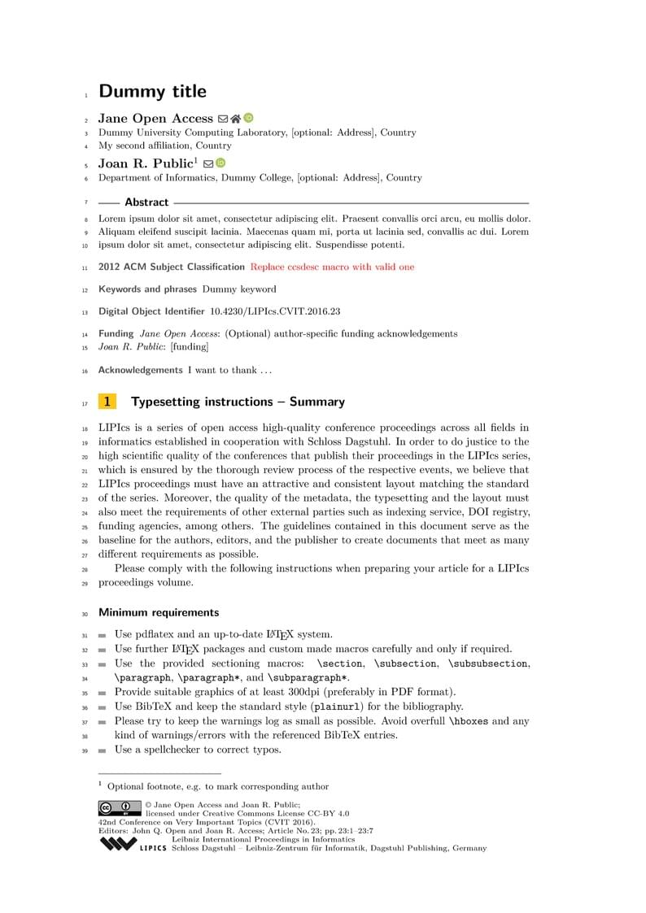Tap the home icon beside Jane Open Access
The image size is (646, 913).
pos(235,118)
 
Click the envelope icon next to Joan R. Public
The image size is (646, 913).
pos(208,163)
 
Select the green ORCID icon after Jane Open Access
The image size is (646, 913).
pos(248,118)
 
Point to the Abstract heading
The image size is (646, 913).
pos(146,202)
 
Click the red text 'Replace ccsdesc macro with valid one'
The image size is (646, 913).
pos(332,267)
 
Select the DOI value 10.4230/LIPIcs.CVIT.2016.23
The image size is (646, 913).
pos(275,311)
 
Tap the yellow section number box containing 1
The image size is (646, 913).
pos(107,402)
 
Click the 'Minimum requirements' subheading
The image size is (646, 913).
pos(159,612)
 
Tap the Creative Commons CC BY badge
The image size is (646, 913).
pos(120,808)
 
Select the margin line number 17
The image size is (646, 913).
pos(85,402)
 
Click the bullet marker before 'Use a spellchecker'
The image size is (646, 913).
pos(103,750)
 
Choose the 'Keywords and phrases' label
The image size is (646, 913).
pos(147,289)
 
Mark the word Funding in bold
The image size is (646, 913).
pos(116,333)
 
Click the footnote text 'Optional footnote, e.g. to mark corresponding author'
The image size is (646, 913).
pos(218,786)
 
